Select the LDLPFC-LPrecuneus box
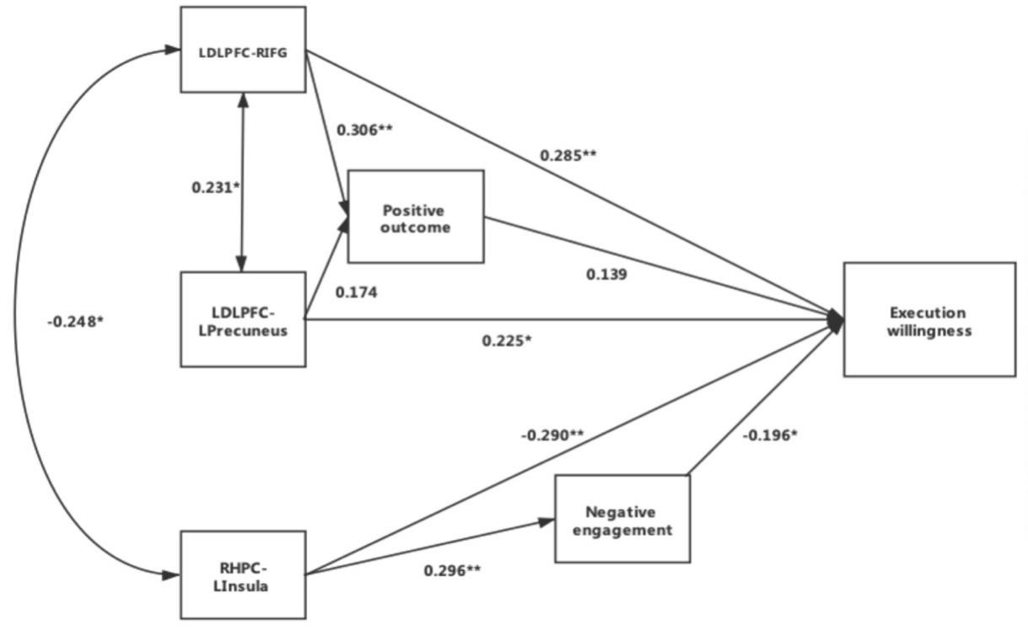point(243,319)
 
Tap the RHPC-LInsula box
point(243,574)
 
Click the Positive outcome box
point(416,217)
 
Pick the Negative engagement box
point(622,519)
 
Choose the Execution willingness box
point(929,320)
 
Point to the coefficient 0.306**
point(365,130)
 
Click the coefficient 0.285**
point(568,155)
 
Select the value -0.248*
point(75,321)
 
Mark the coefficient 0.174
point(356,293)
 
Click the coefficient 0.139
point(605,274)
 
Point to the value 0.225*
point(506,341)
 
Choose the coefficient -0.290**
point(552,434)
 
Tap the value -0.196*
point(770,435)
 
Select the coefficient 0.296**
point(452,571)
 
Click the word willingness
point(929,331)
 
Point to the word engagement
point(622,530)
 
